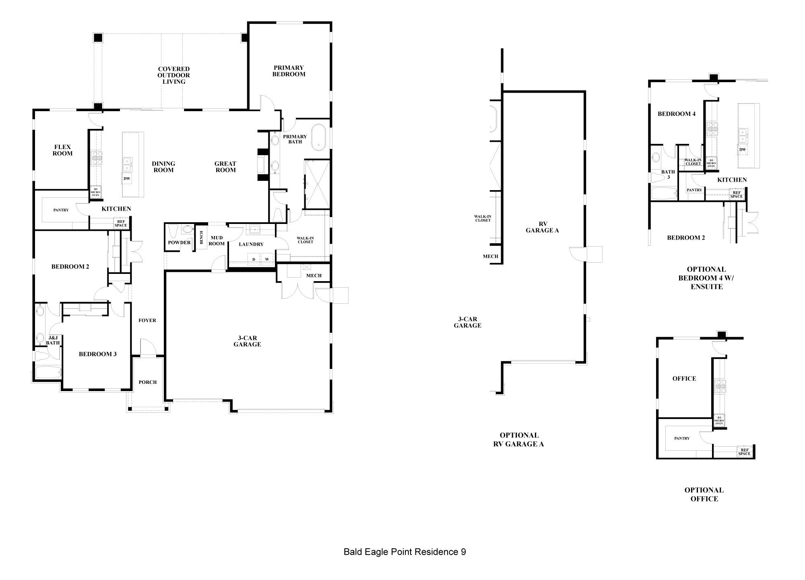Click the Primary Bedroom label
289,71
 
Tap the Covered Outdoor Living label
174,75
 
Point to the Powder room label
179,243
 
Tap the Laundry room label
251,244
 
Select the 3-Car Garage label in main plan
247,341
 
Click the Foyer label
147,321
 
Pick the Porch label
148,382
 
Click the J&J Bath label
53,340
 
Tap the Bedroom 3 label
98,354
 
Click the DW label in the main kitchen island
127,178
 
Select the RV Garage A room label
543,227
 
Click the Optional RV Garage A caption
519,439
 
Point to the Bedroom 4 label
677,114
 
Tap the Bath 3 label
668,174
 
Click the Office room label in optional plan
684,379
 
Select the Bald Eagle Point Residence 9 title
405,552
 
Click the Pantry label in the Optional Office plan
682,438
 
